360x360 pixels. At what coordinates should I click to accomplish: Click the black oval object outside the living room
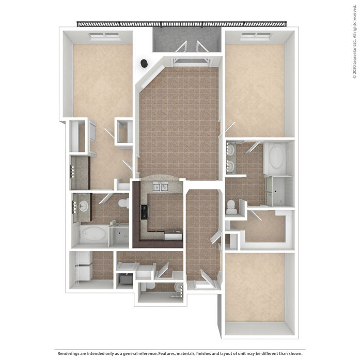point(144,63)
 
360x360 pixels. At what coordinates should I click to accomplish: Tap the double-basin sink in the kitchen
point(161,187)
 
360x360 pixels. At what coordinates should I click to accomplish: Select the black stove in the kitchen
point(144,212)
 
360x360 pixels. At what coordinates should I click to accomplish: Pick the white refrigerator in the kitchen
point(174,235)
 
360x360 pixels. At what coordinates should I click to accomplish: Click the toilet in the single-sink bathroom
point(124,203)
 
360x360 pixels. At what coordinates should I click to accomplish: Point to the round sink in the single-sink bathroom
point(83,206)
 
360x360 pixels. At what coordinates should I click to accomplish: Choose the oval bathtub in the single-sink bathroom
point(93,234)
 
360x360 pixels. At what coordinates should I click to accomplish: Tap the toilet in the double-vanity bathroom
point(231,207)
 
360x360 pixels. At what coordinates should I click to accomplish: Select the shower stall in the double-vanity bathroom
point(279,191)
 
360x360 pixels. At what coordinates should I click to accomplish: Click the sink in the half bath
point(179,287)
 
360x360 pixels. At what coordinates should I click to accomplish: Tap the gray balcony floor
point(186,39)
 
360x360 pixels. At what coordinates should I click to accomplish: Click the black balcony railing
point(182,24)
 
